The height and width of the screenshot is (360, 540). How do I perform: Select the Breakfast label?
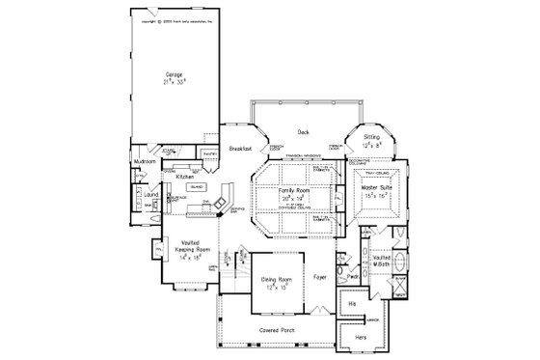[241, 149]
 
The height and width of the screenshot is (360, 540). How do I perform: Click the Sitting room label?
[371, 138]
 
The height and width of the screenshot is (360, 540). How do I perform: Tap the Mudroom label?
[145, 162]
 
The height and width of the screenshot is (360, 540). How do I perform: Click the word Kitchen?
[186, 178]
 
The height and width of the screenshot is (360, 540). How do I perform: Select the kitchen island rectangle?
[197, 187]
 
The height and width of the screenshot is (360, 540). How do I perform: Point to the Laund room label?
[150, 196]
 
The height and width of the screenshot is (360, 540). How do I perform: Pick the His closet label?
[353, 303]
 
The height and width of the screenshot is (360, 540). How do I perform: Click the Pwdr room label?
[353, 272]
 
